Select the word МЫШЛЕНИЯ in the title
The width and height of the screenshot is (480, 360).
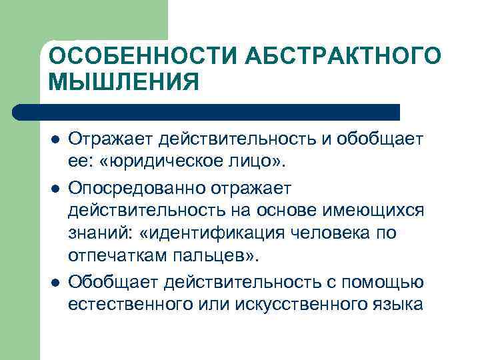tap(124, 83)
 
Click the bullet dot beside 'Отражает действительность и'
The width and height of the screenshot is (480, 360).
tap(55, 139)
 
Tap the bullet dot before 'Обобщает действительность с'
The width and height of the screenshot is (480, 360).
tap(55, 281)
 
